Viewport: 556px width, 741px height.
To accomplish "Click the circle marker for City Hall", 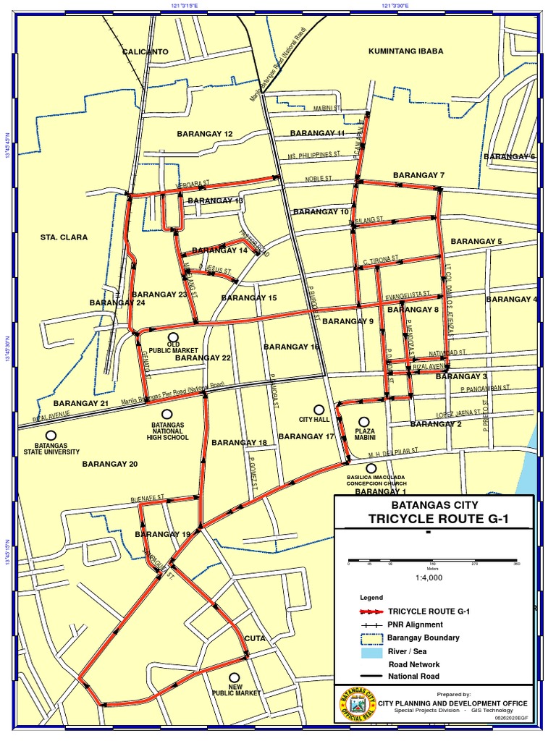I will pyautogui.click(x=318, y=410).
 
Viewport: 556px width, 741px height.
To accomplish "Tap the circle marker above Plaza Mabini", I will pyautogui.click(x=364, y=422).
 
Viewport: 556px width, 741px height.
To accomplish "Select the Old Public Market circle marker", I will pyautogui.click(x=173, y=337).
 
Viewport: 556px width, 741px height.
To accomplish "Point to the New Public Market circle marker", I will pyautogui.click(x=235, y=677).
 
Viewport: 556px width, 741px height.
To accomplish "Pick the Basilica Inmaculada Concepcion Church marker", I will pyautogui.click(x=371, y=469).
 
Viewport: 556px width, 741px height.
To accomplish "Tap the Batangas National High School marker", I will pyautogui.click(x=167, y=413).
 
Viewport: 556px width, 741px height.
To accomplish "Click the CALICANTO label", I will pyautogui.click(x=145, y=52).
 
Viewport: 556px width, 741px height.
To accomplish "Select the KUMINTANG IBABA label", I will pyautogui.click(x=405, y=51).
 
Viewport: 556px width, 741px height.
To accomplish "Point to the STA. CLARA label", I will pyautogui.click(x=64, y=237).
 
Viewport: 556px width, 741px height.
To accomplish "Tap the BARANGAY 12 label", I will pyautogui.click(x=205, y=134).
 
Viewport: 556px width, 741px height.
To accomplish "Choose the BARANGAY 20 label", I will pyautogui.click(x=109, y=464).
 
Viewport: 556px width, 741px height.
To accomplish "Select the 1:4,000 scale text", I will pyautogui.click(x=429, y=577).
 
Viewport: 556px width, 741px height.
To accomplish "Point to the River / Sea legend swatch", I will pyautogui.click(x=371, y=651).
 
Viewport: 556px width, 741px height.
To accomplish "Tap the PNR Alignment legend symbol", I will pyautogui.click(x=371, y=624).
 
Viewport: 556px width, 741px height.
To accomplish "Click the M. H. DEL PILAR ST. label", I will pyautogui.click(x=393, y=451).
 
